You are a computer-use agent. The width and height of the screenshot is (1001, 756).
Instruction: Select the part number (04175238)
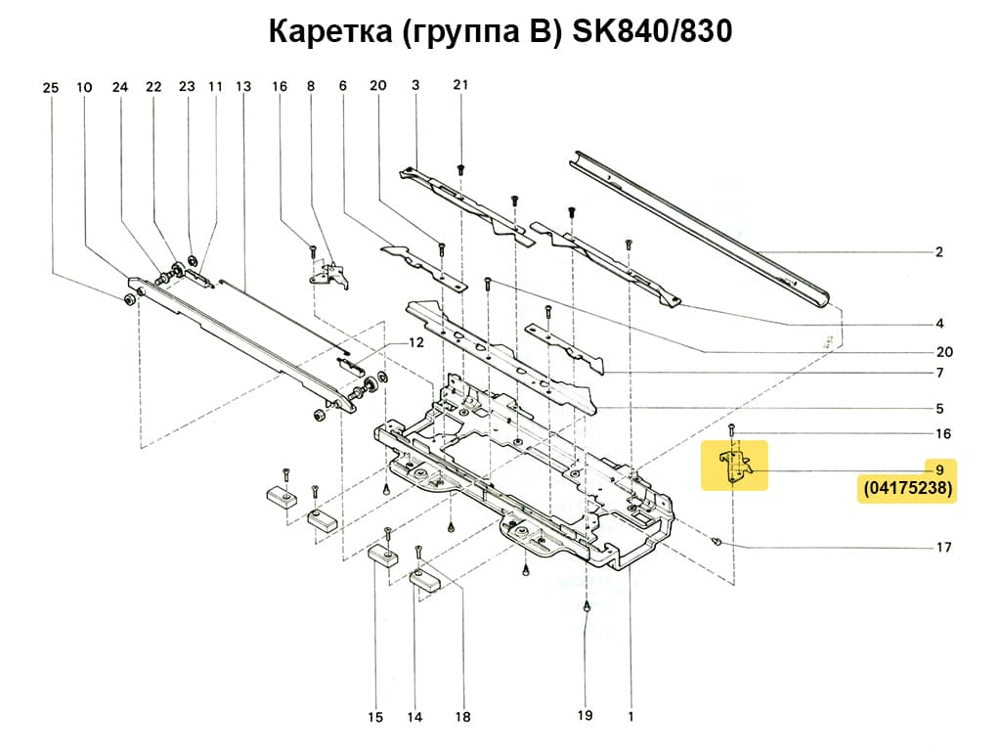coord(907,490)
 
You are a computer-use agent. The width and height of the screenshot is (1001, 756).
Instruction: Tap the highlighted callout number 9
coord(937,469)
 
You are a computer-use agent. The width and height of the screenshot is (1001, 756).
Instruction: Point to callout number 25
coord(51,88)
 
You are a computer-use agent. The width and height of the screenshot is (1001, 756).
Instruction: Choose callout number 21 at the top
coord(460,85)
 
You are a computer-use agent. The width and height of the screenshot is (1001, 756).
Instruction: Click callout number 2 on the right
coord(938,252)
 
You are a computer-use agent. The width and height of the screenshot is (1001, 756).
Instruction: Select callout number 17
coord(943,548)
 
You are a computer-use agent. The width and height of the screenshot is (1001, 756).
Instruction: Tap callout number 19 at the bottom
coord(585,715)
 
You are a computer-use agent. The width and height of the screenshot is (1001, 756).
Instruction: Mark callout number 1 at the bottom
coord(631,716)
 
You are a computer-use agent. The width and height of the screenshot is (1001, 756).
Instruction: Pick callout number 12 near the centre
coord(416,343)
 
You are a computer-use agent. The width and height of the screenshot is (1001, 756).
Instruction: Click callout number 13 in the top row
coord(243,87)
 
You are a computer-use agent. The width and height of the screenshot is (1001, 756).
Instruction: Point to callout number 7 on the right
coord(938,374)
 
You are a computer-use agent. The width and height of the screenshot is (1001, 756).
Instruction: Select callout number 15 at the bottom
coord(375,718)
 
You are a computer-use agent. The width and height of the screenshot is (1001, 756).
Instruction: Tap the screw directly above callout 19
coord(586,605)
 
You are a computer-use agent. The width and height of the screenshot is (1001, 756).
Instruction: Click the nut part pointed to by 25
coord(130,297)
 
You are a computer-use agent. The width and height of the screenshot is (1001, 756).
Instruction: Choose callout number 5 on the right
coord(938,408)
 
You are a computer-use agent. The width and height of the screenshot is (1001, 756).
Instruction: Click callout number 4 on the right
coord(938,324)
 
